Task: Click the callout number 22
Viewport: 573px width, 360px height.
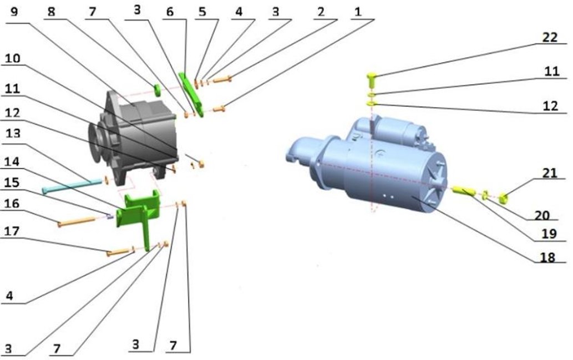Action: (550, 37)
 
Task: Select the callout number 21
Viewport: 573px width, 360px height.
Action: (549, 173)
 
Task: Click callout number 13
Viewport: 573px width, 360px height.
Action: (13, 133)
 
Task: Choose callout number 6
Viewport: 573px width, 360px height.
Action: (170, 11)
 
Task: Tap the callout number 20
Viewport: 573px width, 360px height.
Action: (542, 215)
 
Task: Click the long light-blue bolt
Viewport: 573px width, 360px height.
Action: (72, 185)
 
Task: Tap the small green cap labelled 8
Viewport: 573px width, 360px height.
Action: (157, 89)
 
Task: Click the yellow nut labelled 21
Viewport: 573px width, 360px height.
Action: (504, 200)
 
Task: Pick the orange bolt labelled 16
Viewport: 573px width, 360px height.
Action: (77, 221)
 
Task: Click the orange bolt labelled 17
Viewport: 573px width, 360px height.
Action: (118, 252)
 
